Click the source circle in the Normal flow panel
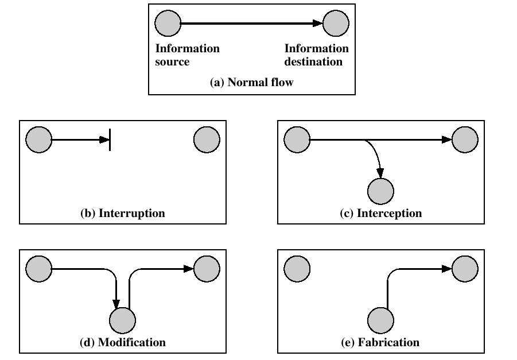point(168,23)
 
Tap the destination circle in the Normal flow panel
point(336,23)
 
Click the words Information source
point(187,55)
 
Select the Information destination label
point(317,55)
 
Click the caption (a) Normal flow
point(251,82)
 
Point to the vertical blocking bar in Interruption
point(110,140)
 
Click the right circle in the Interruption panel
point(207,140)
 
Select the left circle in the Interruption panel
point(39,140)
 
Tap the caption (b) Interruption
point(123,213)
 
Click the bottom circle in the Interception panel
point(380,191)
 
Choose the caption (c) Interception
point(381,213)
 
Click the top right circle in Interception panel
point(465,140)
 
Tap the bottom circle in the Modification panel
point(122,320)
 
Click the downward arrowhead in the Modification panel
point(116,304)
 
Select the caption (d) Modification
point(123,343)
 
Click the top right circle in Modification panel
point(207,269)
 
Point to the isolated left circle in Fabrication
point(297,269)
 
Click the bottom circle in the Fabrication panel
point(380,320)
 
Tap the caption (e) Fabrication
point(380,343)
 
